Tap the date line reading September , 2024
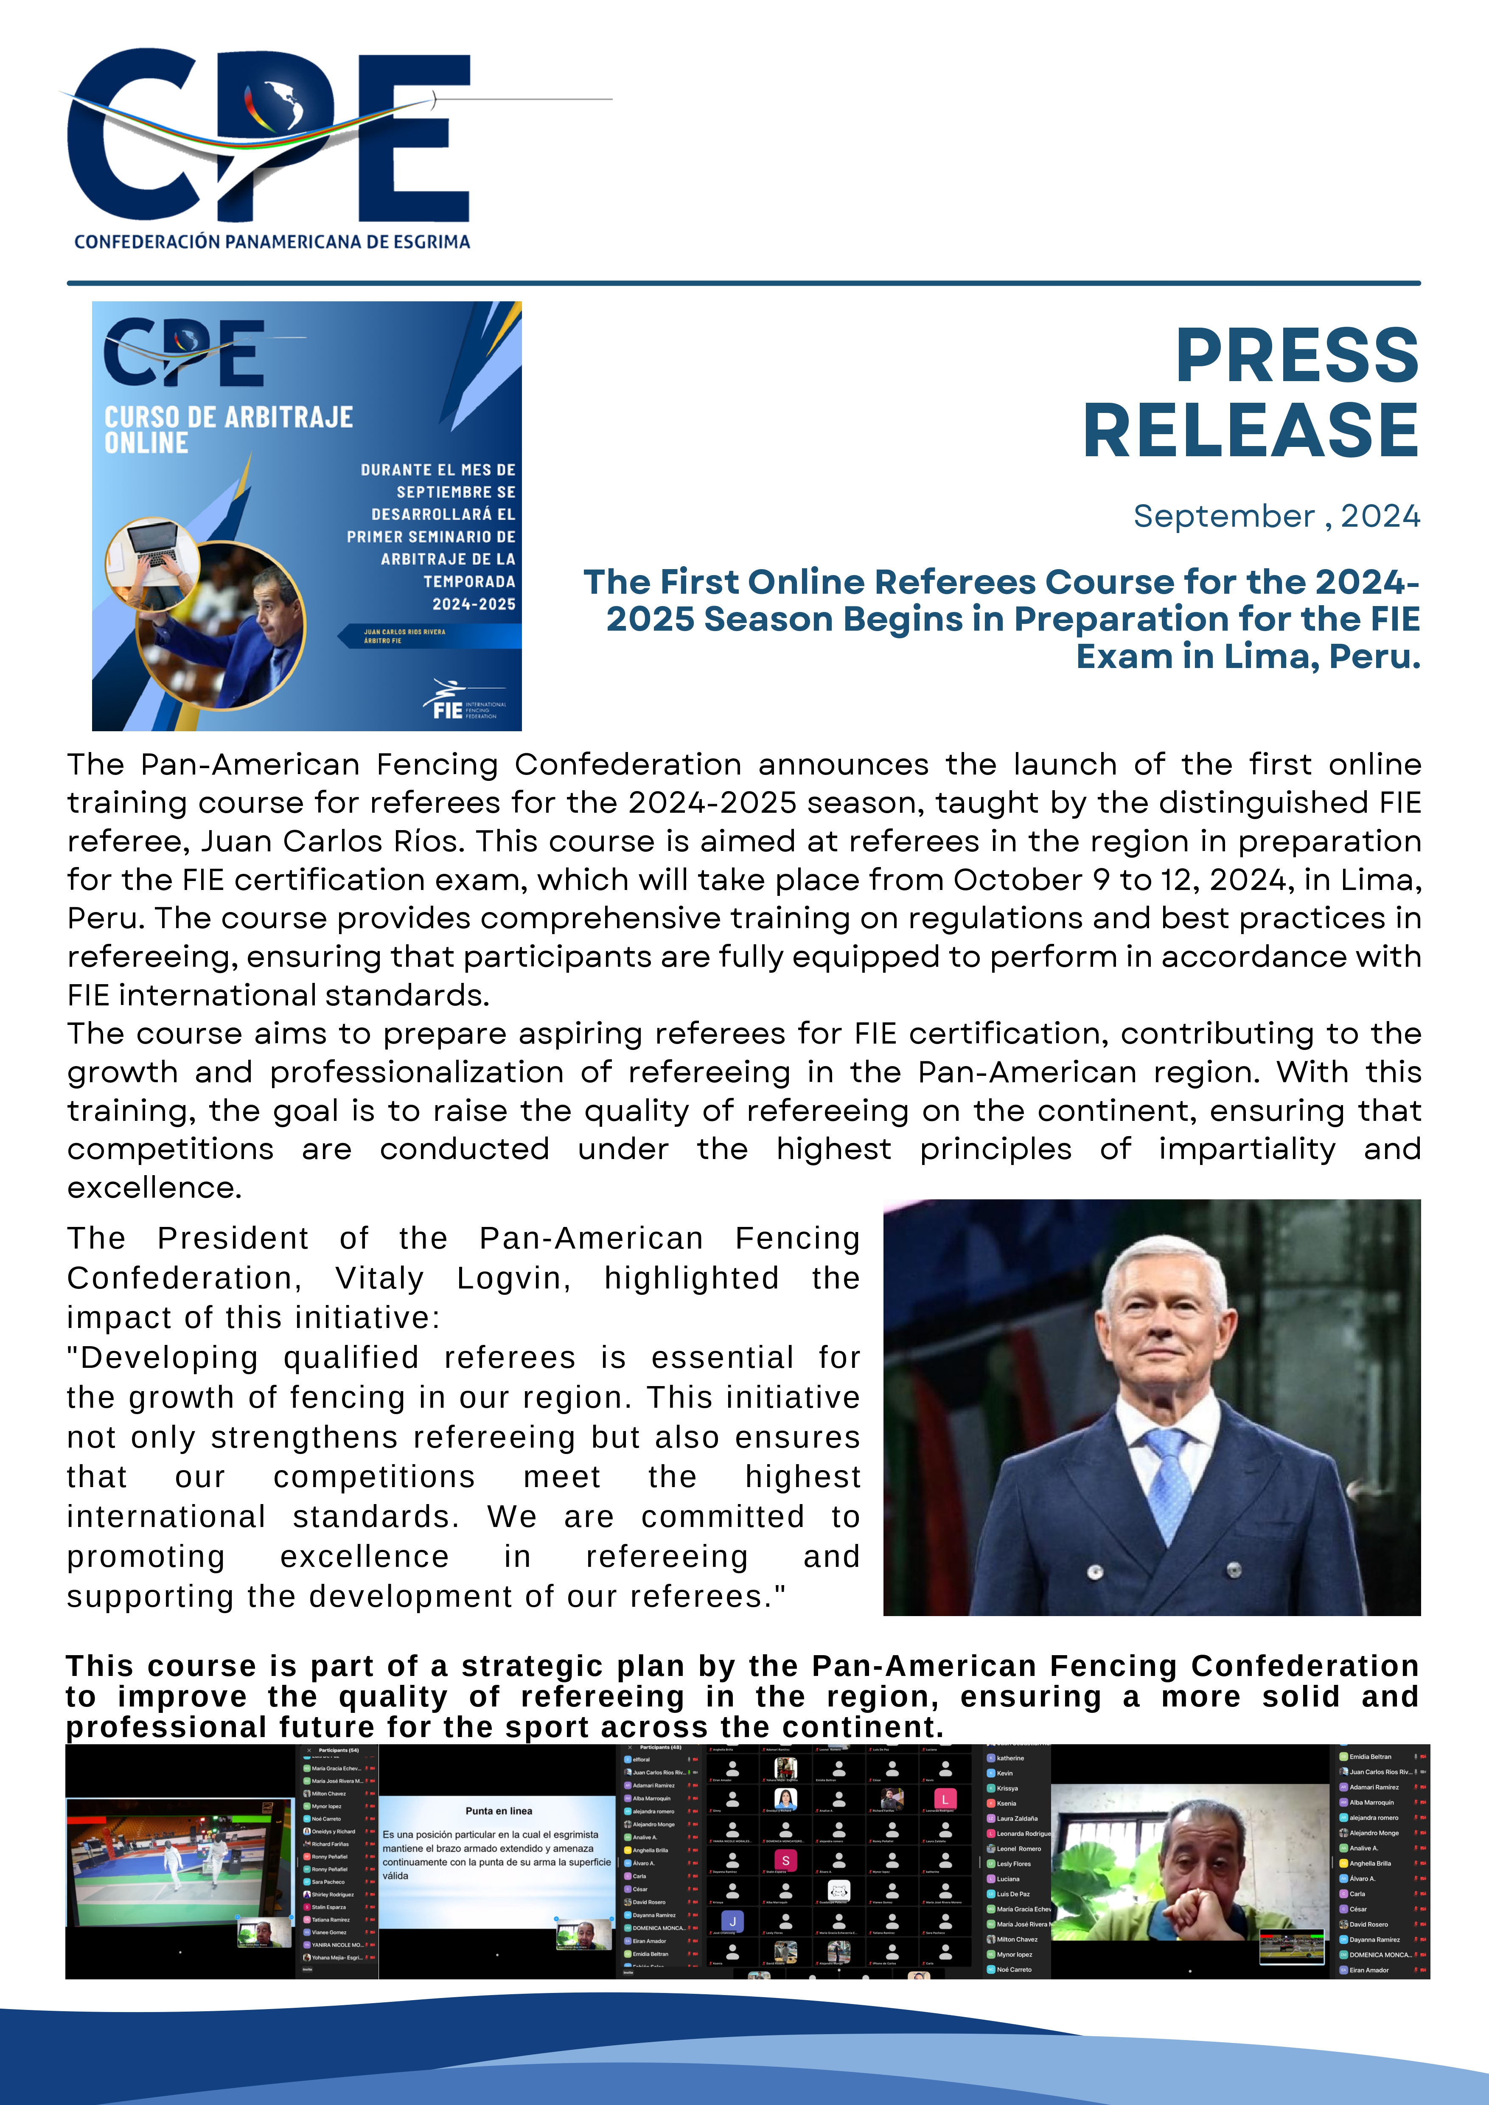tap(1276, 516)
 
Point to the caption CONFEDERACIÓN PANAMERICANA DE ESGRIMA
tap(272, 242)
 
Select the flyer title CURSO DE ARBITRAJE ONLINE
tap(228, 430)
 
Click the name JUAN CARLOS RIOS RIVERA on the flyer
tap(404, 631)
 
